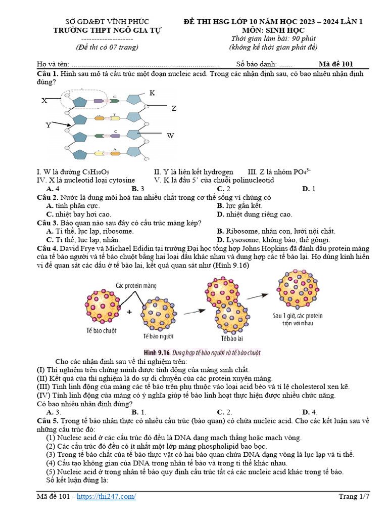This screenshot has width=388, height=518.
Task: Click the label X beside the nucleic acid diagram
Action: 44,101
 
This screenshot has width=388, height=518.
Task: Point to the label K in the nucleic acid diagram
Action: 152,93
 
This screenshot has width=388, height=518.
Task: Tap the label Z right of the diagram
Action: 174,108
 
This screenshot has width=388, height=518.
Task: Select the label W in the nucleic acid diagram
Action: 170,136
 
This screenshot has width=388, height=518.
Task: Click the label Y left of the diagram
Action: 48,125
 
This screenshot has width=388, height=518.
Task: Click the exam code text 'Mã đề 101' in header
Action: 336,64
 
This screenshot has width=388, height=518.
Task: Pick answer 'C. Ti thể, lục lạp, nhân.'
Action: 83,240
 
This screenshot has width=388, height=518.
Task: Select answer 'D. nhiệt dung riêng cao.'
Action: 255,214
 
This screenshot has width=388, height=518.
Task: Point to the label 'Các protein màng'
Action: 136,285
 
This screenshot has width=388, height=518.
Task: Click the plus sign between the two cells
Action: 129,312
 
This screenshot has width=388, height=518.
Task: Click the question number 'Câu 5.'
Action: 48,421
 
